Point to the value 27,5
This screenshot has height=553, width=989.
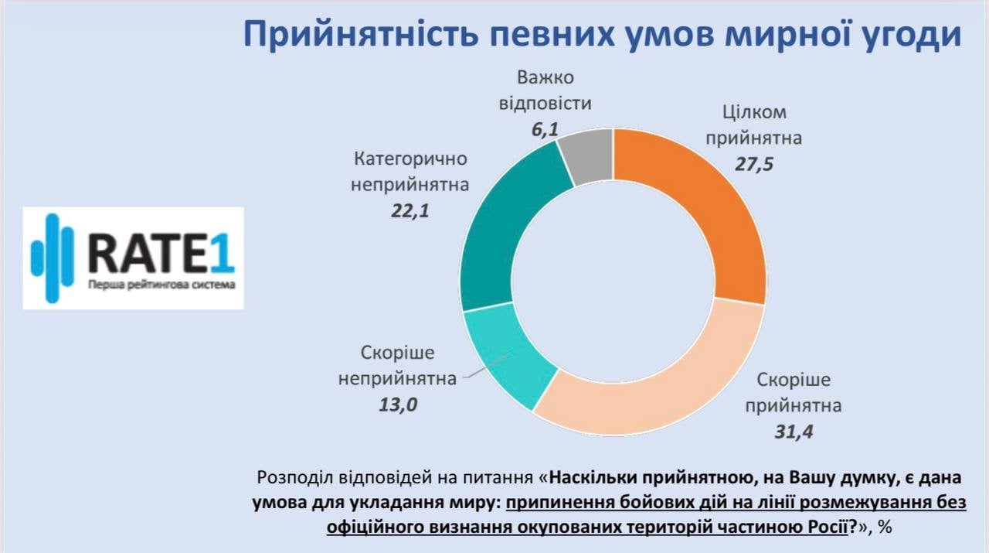tap(756, 164)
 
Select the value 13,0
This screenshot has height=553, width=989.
tap(399, 404)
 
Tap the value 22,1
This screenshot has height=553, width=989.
tap(410, 210)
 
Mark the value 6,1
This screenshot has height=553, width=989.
tap(545, 128)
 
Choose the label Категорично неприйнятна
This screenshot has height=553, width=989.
tap(410, 172)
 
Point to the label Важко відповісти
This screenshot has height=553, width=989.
tap(545, 90)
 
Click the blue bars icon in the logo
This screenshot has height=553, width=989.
tap(52, 258)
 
